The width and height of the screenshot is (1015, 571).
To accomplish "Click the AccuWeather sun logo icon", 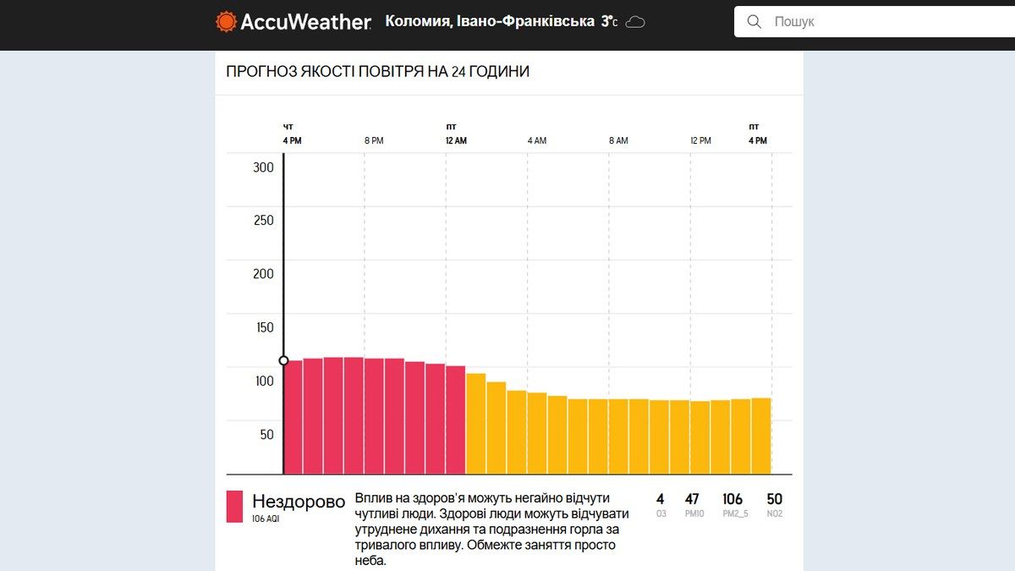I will coord(226,22).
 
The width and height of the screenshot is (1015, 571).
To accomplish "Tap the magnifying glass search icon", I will coord(754,22).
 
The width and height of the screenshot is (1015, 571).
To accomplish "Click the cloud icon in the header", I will coord(635,22).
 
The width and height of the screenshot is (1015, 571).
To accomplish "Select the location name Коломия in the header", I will coord(417,21).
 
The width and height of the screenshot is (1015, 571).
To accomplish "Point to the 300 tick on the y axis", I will coord(264,167).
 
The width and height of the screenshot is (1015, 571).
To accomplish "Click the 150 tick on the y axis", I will coord(264,327).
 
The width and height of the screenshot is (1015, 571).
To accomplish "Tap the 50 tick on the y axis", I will coord(266,435).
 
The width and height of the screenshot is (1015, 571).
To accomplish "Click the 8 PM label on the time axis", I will coord(373,140).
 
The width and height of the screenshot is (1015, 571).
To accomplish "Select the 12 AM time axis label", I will coord(456,140).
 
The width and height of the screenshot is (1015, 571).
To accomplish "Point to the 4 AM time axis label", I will coord(536,140).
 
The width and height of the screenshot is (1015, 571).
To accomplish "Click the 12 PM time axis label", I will coord(700,140).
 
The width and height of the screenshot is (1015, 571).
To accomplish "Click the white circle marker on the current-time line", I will coord(284,360).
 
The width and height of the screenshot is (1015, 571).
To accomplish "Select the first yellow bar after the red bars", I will coord(475,423).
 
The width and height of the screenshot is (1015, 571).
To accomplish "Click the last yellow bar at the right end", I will coord(761,436).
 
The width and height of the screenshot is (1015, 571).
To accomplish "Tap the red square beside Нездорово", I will coord(234,507).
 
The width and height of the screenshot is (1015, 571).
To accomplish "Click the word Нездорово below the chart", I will coord(299,501).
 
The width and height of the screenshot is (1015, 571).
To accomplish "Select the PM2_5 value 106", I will coord(732,499).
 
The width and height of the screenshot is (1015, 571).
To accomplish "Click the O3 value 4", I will coord(660,499).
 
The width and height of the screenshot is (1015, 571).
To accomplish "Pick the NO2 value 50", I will coord(774,499).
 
